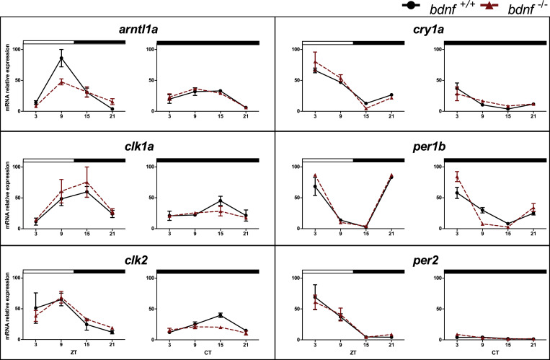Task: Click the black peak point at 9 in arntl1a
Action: (x=62, y=58)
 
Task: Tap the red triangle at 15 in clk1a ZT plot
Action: (x=87, y=183)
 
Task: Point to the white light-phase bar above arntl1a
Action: (x=48, y=43)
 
